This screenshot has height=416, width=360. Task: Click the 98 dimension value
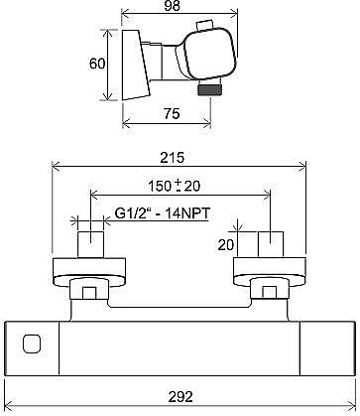pos(173,6)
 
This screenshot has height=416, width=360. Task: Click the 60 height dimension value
pos(97,64)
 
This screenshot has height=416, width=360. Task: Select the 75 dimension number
pos(172,114)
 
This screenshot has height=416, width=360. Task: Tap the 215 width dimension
pos(172,158)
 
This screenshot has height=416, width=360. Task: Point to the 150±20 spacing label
pos(175,186)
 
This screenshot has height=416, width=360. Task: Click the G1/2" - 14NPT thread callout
pos(163,213)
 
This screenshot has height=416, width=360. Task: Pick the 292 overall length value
pos(180,396)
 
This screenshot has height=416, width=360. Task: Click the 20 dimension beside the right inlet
pos(226,245)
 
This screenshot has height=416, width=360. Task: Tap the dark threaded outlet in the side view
pos(208,90)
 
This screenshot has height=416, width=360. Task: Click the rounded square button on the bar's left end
pos(32,344)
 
